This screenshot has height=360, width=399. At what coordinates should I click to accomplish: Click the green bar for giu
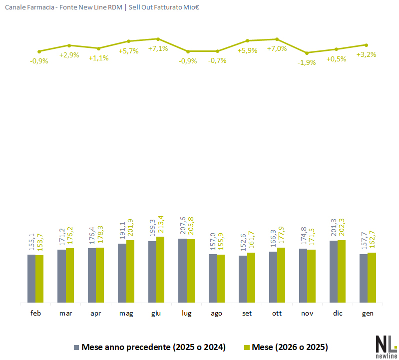[x=160, y=270]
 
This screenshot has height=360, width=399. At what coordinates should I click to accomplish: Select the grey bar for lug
[x=182, y=271]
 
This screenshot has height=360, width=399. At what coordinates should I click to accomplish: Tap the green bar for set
[x=251, y=278]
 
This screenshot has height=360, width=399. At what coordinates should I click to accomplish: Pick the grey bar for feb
[x=31, y=279]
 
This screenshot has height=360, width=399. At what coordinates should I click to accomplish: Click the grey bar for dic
[x=334, y=272]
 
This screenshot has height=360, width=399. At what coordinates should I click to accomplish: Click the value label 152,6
[x=243, y=243]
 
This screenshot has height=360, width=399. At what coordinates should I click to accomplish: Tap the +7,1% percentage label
[x=158, y=49]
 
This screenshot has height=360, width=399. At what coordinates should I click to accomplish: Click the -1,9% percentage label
[x=307, y=62]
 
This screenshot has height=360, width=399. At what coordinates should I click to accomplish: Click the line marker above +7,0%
[x=277, y=39]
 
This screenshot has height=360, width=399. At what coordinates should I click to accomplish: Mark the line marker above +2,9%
[x=69, y=45]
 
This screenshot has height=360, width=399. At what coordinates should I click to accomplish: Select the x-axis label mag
[x=126, y=314]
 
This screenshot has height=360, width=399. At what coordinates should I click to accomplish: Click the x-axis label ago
[x=216, y=314]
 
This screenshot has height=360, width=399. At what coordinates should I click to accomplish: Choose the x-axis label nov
[x=307, y=314]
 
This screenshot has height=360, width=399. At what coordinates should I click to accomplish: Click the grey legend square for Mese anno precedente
[x=76, y=347]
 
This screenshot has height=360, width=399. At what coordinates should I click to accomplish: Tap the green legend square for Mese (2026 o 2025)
[x=247, y=347]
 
